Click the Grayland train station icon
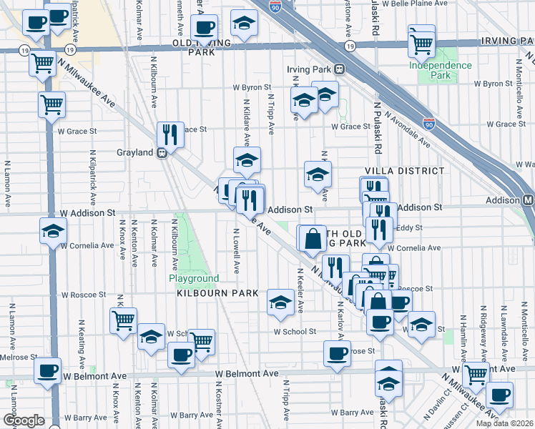(162, 152)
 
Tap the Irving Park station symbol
(340, 69)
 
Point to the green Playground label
(193, 278)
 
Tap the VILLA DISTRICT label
(404, 171)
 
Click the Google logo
(24, 420)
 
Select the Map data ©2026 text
(504, 423)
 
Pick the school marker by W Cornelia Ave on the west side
(53, 232)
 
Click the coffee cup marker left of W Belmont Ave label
(48, 371)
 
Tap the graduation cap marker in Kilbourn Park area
(280, 302)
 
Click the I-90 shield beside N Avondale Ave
(429, 124)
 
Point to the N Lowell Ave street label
(236, 250)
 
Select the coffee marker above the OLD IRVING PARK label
(205, 28)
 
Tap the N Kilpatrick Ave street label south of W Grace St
(93, 176)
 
